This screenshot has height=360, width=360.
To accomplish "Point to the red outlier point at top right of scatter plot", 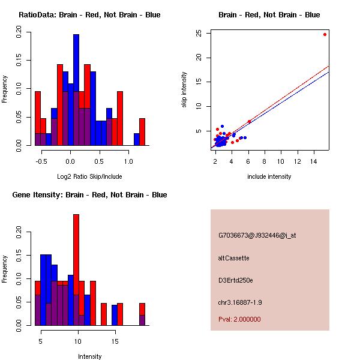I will click(x=325, y=34).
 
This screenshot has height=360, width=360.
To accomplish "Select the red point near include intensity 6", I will click(x=249, y=121).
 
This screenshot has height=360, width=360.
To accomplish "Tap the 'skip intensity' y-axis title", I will click(x=184, y=90).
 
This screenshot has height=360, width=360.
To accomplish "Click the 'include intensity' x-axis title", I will click(x=269, y=176).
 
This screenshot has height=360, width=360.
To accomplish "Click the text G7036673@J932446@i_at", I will click(x=257, y=235).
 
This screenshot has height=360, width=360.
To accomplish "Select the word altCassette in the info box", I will click(x=233, y=258).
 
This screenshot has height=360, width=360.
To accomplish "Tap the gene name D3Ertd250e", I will click(x=236, y=280).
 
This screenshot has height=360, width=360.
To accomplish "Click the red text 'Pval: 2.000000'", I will click(x=239, y=319).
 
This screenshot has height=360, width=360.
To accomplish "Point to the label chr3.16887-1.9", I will click(x=240, y=302).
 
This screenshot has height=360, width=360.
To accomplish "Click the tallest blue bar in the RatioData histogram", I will click(x=76, y=90).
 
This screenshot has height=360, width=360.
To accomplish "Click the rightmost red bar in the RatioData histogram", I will click(x=142, y=132).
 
